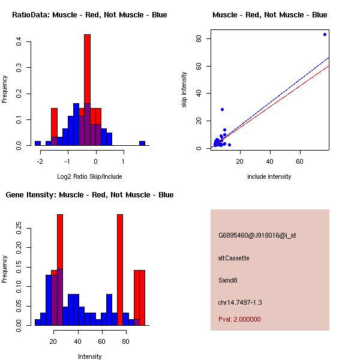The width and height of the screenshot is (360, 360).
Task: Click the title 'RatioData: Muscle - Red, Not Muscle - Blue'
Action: [x=90, y=15]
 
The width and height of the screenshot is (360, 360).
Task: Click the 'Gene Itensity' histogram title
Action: [x=90, y=195]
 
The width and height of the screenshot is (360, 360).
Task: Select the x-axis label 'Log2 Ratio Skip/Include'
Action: [x=90, y=176]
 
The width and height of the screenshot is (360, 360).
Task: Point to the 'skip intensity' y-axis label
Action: [x=184, y=90]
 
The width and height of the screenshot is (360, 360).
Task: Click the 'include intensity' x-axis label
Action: [x=269, y=176]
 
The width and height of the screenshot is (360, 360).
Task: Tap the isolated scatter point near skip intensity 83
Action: [x=325, y=34]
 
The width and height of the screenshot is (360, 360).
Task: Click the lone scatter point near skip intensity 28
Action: [x=222, y=110]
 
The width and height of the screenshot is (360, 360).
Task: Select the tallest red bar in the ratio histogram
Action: [x=87, y=72]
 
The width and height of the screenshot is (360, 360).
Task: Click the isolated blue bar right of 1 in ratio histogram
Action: [x=142, y=143]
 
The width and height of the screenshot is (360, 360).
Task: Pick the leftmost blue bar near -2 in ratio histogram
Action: [x=38, y=143]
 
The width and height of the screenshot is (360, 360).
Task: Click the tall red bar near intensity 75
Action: [x=120, y=270]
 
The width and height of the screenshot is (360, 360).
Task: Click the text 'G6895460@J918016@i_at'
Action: [x=257, y=235]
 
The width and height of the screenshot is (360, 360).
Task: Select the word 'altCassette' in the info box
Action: [x=234, y=258]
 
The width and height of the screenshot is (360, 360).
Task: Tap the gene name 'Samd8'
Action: [x=229, y=280]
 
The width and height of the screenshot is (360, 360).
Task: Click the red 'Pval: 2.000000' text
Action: [x=240, y=319]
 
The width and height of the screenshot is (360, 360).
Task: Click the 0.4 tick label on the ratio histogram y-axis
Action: [x=20, y=41]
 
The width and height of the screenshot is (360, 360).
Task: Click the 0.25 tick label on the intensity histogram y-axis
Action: [x=20, y=227]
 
